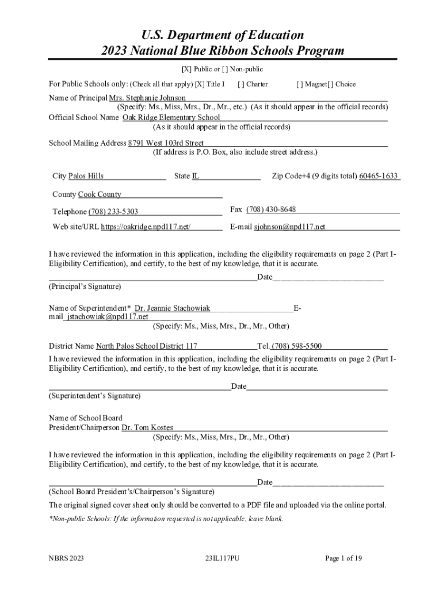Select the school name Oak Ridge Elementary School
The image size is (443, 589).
click(171, 117)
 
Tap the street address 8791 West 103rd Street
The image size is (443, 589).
click(166, 143)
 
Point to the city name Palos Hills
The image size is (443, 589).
click(86, 176)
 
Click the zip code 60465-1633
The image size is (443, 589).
click(379, 176)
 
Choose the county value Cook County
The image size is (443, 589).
click(100, 194)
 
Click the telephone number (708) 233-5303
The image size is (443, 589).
click(113, 212)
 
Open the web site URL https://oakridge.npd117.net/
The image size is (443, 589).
click(146, 227)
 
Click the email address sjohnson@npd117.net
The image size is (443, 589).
click(289, 227)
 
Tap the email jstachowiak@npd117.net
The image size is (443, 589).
click(107, 316)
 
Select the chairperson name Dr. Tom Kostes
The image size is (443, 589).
click(147, 428)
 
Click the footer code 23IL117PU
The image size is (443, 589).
click(221, 558)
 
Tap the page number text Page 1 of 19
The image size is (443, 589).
click(343, 558)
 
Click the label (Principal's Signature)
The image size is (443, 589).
click(85, 286)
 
